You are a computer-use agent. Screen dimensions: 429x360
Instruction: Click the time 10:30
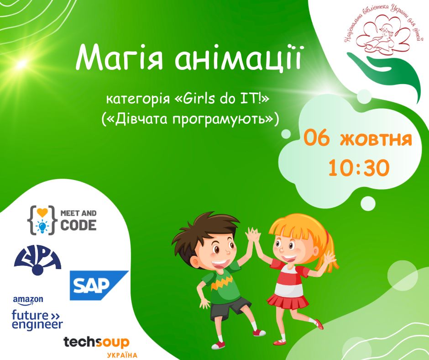(x=358, y=168)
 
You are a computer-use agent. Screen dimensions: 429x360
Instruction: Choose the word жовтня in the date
(x=376, y=139)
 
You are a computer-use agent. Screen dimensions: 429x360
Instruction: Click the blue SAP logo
(x=99, y=285)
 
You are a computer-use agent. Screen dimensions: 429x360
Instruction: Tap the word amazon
(x=28, y=300)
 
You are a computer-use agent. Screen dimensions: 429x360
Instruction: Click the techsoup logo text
(x=96, y=343)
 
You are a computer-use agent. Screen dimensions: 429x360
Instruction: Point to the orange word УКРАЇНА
(x=122, y=355)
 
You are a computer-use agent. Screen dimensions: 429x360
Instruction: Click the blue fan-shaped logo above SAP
(x=37, y=259)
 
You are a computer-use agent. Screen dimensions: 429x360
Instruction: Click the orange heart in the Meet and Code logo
(x=42, y=212)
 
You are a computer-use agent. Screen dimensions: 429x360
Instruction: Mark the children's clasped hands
(x=253, y=236)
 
